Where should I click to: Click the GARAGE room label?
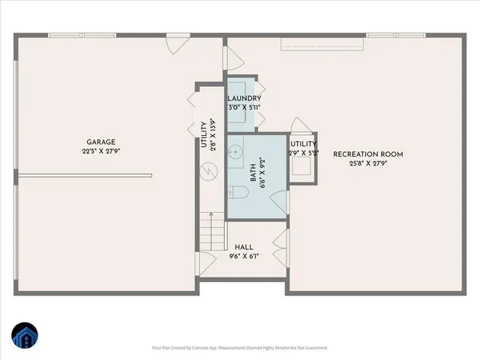pos(100,141)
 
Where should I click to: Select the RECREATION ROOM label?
pos(368,154)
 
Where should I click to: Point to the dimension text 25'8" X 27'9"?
pos(368,163)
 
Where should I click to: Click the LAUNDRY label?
pos(244,98)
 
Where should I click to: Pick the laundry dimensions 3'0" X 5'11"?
pos(244,107)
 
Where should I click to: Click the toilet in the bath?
pos(238,194)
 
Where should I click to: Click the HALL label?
pos(244,247)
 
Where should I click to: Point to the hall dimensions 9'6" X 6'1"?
pos(244,256)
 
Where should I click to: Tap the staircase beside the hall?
pos(212,233)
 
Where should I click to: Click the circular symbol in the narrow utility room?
pos(205,171)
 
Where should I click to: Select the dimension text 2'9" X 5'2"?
pos(303,153)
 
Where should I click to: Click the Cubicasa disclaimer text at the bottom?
pos(240,348)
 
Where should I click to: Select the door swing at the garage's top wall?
pos(173,44)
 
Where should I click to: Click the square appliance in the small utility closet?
pos(302,169)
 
